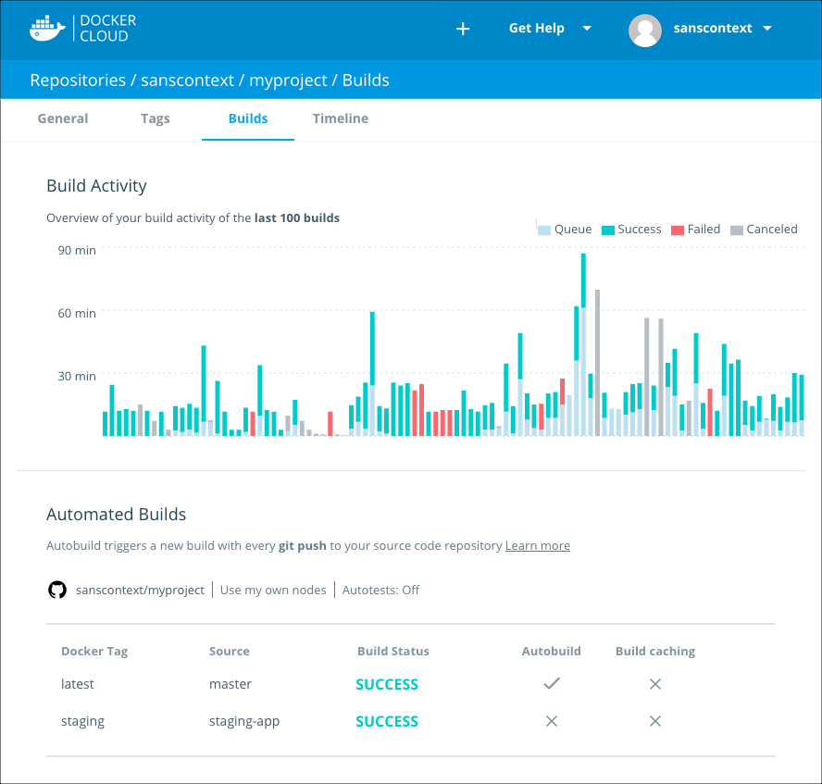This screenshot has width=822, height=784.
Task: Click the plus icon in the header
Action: (463, 29)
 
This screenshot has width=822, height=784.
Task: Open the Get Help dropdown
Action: (549, 29)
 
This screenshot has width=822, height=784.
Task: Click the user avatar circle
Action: (644, 30)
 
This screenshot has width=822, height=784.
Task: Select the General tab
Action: (63, 118)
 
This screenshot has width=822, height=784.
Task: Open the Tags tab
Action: (156, 118)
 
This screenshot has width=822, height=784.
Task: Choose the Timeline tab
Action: (340, 118)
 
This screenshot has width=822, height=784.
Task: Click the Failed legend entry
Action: (695, 230)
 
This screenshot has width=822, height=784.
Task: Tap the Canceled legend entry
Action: (764, 230)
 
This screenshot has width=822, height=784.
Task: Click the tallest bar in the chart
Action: (583, 342)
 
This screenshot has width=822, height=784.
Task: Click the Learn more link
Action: (537, 546)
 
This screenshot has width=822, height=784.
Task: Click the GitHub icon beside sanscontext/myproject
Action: (57, 590)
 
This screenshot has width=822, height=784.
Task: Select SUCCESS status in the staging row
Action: (387, 721)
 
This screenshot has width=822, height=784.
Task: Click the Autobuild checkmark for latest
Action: (552, 683)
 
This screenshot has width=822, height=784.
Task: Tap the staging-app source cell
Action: (244, 721)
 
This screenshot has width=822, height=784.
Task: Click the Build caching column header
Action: (654, 651)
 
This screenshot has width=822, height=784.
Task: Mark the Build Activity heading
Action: (96, 186)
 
